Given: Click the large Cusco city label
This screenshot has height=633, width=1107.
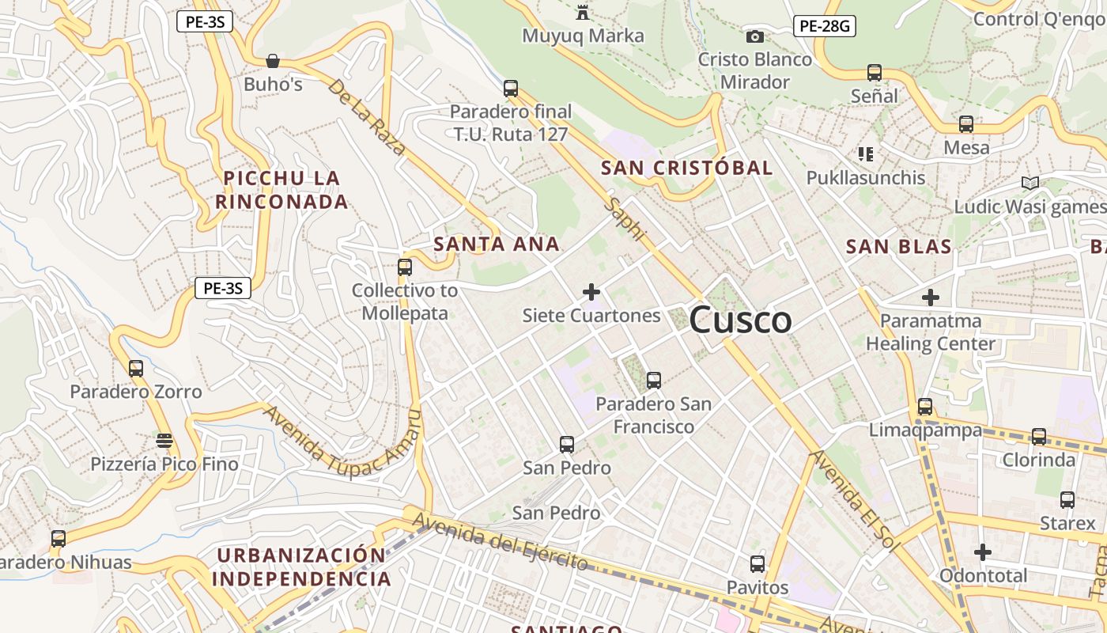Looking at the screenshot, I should tap(740, 320).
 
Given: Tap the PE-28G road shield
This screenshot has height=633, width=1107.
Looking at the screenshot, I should tap(824, 27).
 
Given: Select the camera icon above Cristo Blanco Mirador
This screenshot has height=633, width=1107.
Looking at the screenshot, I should tap(754, 36).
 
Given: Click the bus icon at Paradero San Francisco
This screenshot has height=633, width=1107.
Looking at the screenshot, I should tap(653, 381).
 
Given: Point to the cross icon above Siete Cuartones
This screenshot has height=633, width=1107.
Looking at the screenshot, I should tap(591, 292).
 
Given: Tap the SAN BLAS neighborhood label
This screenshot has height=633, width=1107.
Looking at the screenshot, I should tap(899, 246).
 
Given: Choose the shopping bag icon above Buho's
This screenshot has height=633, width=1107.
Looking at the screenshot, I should tap(273, 61).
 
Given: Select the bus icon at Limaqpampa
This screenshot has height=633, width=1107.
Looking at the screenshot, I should tap(924, 407).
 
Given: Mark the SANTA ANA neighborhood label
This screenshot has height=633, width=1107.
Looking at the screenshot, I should tap(497, 244).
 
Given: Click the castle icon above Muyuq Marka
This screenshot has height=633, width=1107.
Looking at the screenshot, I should tap(583, 12).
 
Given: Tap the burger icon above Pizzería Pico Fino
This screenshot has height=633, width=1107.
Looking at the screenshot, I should tap(164, 440).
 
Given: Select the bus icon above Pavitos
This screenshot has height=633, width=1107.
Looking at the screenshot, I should tap(757, 564).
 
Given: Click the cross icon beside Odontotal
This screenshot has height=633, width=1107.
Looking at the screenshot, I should tap(982, 552).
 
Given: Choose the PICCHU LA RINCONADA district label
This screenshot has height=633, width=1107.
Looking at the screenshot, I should tap(281, 190).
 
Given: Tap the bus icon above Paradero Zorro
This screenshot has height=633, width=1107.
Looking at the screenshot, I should tap(136, 369).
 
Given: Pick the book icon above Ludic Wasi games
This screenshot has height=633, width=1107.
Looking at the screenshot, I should tap(1030, 184).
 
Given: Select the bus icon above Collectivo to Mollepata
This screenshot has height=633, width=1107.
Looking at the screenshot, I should tap(405, 267).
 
